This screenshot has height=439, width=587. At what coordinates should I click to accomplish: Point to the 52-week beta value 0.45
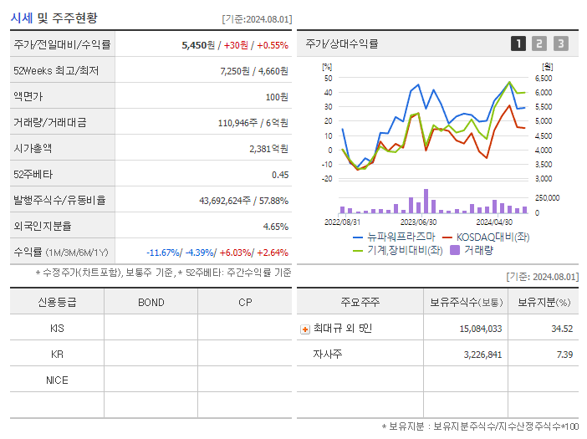tap(280, 175)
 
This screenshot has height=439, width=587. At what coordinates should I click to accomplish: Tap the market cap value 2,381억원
tap(268, 149)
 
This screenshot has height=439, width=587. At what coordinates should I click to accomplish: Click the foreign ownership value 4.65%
tap(275, 227)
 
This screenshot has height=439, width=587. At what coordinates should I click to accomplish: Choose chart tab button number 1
tap(518, 43)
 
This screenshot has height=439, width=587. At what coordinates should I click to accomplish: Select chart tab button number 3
tap(560, 43)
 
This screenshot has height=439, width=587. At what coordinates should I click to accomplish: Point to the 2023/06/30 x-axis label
tap(418, 222)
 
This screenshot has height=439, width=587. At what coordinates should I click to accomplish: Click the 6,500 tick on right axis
tap(543, 78)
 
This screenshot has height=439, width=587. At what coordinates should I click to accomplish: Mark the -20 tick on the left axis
tap(327, 179)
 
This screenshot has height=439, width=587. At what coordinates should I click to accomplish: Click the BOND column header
tap(151, 303)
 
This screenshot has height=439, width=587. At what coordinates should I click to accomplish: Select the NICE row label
tap(57, 380)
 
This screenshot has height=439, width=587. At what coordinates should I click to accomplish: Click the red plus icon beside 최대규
tap(305, 329)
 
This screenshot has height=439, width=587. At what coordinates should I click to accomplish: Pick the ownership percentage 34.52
tap(562, 329)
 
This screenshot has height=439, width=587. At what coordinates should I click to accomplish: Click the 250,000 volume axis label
tap(547, 197)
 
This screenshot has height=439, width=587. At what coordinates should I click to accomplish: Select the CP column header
tap(244, 303)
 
